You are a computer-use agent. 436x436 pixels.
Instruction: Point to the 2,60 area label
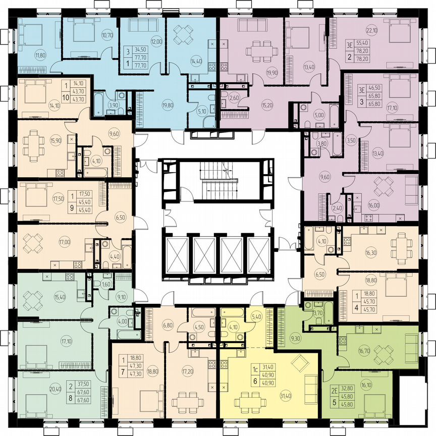(234, 98)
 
